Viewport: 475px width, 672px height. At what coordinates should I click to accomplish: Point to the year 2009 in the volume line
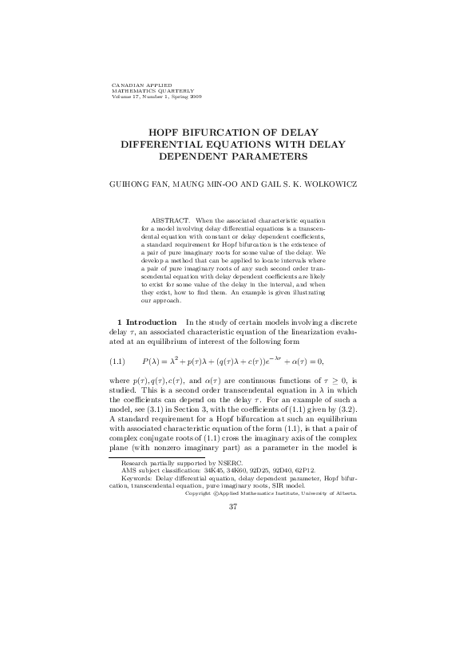click(195, 96)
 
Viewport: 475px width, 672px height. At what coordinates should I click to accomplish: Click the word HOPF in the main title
click(165, 136)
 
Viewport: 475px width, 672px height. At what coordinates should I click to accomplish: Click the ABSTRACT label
click(169, 219)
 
